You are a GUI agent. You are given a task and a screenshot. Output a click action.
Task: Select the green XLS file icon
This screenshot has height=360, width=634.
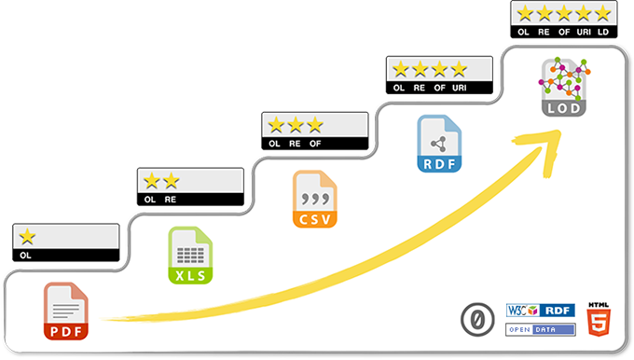pos(190,255)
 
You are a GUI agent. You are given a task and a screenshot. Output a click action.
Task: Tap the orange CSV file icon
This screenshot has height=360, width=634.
pos(314,199)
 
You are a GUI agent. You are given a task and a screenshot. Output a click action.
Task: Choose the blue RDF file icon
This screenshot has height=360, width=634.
pos(439,145)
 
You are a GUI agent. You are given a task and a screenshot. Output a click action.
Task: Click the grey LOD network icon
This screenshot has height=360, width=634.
pos(564,87)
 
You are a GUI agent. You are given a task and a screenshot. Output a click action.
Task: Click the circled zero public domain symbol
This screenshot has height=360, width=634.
pos(476,320)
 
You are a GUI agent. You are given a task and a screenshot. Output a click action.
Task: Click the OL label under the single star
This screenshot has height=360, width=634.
pos(26,254)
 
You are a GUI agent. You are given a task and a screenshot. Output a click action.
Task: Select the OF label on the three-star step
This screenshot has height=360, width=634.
pos(315,144)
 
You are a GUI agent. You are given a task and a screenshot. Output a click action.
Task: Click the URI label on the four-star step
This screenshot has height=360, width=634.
pos(459,88)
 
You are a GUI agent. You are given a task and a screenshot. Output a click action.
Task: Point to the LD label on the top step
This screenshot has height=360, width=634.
pos(603,32)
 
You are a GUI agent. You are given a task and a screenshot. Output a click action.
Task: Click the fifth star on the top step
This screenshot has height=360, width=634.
pos(602,13)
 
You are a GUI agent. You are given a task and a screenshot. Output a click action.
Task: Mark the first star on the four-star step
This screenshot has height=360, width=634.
pos(401,69)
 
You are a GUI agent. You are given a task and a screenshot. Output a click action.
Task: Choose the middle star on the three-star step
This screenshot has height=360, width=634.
pos(296,124)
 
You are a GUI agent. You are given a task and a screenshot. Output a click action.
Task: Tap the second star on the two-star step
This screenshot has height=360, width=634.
pos(171,180)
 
